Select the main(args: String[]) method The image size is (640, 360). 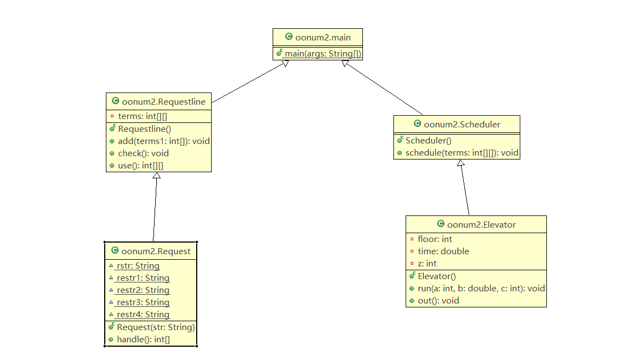tap(322, 53)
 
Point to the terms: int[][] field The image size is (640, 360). tap(142, 116)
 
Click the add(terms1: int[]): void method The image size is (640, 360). tap(163, 141)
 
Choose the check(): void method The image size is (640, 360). tap(143, 153)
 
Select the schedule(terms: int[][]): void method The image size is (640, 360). tap(462, 153)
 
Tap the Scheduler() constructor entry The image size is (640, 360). tap(428, 141)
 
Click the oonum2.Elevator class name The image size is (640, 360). tap(481, 224)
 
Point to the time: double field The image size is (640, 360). tap(443, 251)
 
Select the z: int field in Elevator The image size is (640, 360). tap(427, 263)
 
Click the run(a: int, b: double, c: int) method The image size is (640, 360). tap(481, 288)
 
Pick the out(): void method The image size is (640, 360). tap(438, 300)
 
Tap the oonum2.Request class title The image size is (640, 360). tap(155, 251)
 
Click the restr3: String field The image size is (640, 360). tap(143, 302)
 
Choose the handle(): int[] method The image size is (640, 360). tap(143, 339)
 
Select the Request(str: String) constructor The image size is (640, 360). tap(156, 327)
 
